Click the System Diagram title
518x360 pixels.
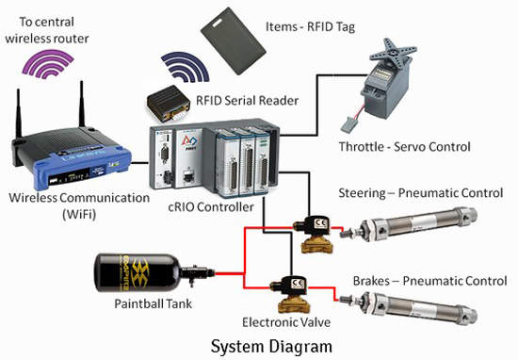tap(271, 347)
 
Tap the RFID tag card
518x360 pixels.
tap(233, 41)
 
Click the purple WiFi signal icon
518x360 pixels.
tap(48, 64)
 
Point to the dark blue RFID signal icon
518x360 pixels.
tap(186, 67)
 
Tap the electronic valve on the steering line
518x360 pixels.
tap(315, 234)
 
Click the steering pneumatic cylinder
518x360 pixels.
tap(409, 225)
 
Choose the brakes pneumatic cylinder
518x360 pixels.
tap(409, 307)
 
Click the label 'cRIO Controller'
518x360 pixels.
tap(211, 207)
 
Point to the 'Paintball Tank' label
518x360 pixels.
tap(153, 303)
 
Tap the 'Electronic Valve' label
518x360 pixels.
tap(286, 322)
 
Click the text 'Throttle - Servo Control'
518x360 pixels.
tap(405, 146)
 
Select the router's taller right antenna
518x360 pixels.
tap(81, 104)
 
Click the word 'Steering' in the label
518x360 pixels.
tap(362, 193)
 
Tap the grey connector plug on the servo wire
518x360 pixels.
tap(348, 125)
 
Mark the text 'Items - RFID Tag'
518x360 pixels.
tap(310, 26)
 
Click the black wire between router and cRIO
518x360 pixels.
tap(139, 163)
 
